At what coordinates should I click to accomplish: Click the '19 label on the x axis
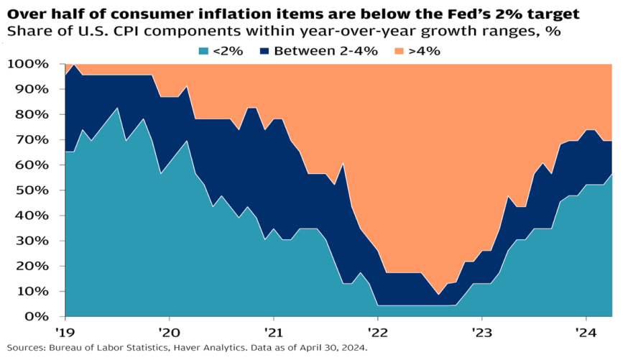click(65, 333)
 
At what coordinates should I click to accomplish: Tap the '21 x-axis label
click(273, 333)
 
